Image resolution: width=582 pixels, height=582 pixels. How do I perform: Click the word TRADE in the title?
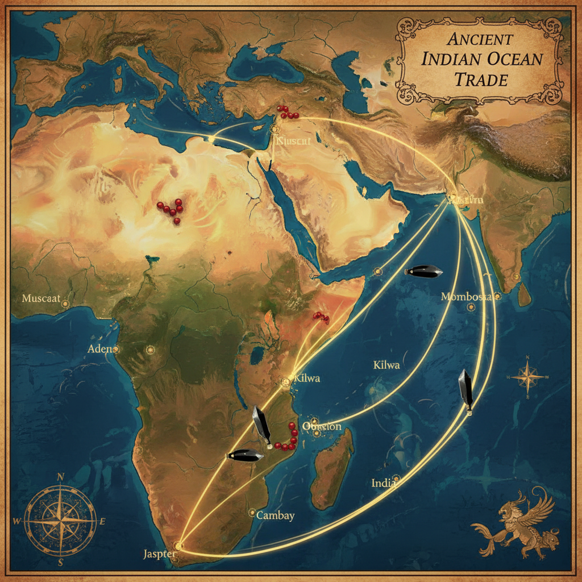tap(480, 80)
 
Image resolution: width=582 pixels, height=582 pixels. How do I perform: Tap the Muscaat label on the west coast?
tap(40, 298)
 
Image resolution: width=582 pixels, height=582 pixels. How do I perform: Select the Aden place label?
tap(101, 348)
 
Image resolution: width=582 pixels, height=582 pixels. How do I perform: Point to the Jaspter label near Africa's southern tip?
tap(159, 554)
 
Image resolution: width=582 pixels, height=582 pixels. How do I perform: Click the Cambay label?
tap(275, 516)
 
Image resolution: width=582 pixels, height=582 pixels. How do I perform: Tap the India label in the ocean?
tap(384, 483)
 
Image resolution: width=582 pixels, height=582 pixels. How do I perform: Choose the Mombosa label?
tap(465, 297)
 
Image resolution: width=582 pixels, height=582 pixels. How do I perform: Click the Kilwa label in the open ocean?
tap(386, 365)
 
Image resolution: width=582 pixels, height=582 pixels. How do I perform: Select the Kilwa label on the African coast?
tap(307, 378)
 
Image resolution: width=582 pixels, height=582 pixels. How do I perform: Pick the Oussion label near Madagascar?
tap(322, 426)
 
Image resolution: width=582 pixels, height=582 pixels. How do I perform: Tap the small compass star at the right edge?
tap(527, 377)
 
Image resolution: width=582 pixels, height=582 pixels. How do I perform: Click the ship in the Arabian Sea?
tap(423, 272)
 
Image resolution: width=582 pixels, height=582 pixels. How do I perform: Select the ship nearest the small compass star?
tap(466, 389)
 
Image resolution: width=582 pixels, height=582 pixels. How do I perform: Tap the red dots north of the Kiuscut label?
tap(287, 113)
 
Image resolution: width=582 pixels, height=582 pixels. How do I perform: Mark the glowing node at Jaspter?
tap(178, 546)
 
